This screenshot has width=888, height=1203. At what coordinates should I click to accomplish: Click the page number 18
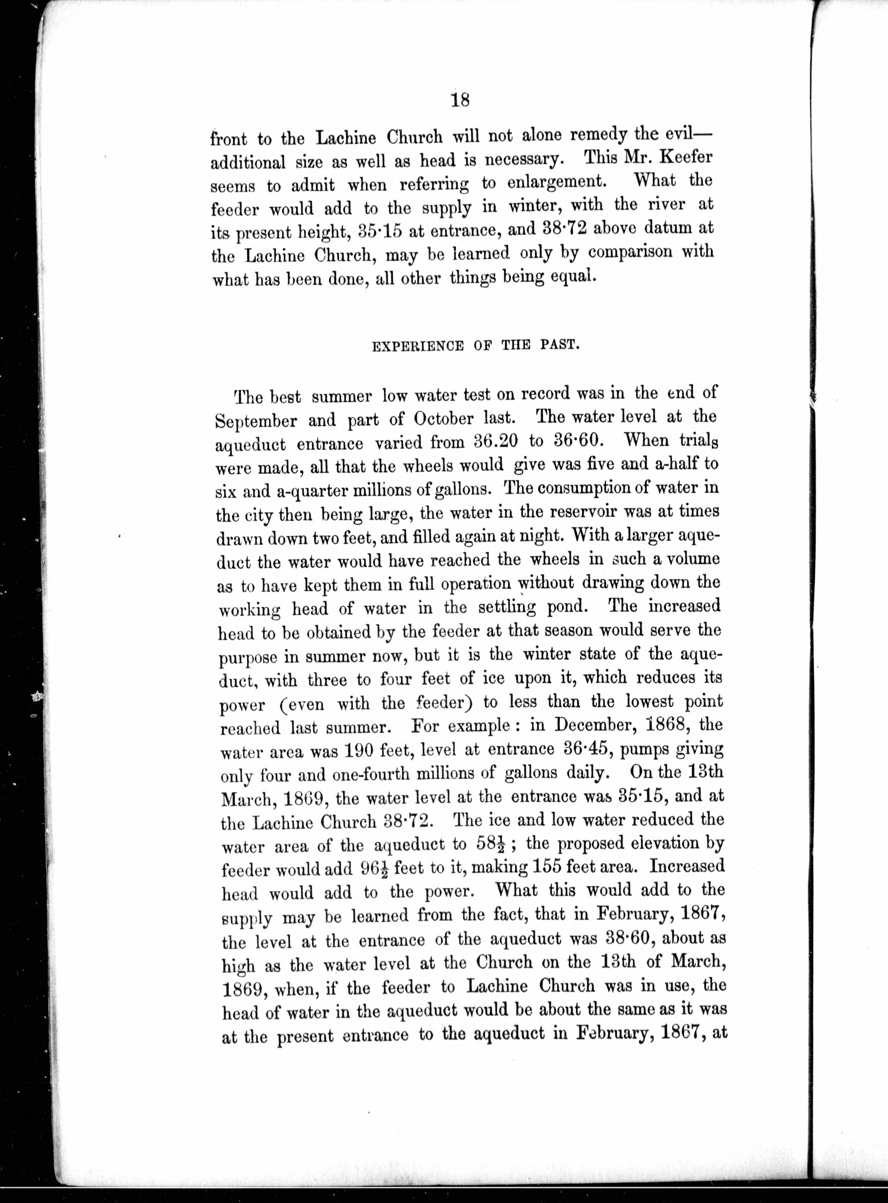click(461, 100)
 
